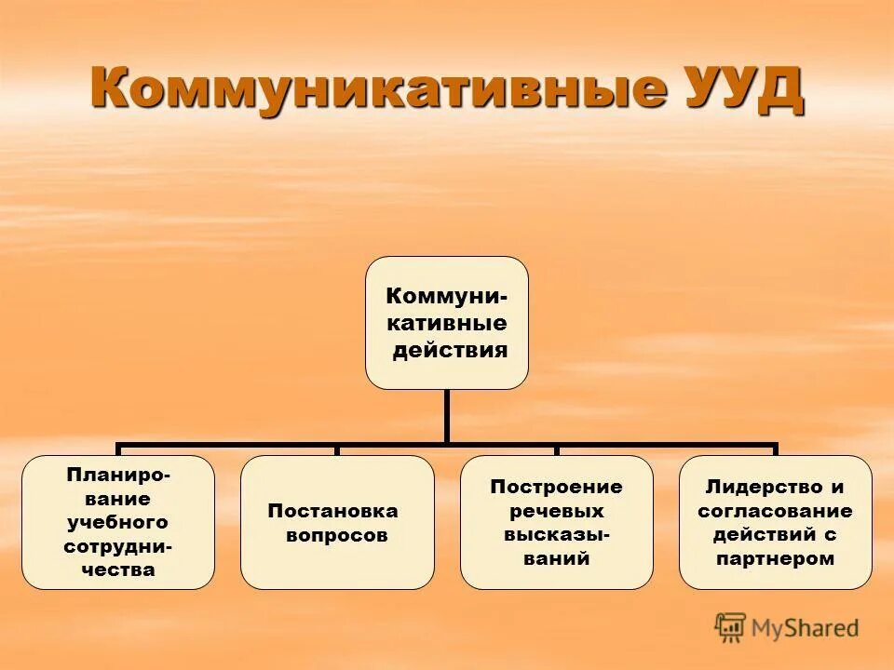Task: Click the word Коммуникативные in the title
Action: coord(377,89)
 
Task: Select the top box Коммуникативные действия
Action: coord(446,322)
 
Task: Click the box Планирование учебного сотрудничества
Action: coord(118,522)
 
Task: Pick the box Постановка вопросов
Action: coord(337,522)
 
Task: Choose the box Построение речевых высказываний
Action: coord(556,522)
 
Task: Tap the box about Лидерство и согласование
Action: coord(776,522)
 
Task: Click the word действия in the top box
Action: coord(450,350)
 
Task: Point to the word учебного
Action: coord(117,522)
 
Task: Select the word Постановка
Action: coord(332,511)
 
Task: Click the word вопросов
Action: coord(337,536)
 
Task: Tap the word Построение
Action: coord(556,487)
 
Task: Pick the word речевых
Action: coord(556,511)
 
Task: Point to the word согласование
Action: coord(776,511)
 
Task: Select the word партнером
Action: coord(776,559)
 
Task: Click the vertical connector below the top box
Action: coord(447,415)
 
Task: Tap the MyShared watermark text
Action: coord(806,628)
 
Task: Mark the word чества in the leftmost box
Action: coord(118,570)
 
